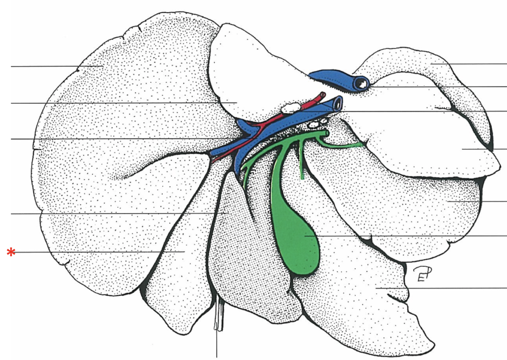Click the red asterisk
point(11,252)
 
